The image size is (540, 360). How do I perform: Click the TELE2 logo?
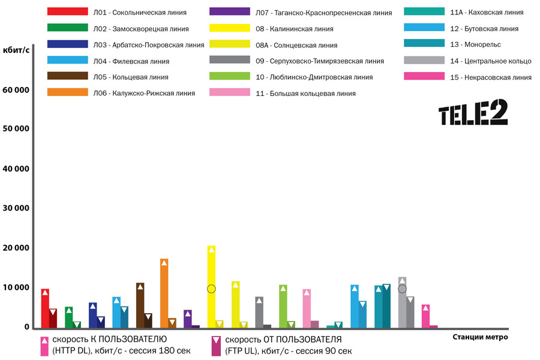pos(473,113)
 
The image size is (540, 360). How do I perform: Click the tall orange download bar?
pos(164,293)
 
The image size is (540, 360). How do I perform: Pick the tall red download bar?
pos(45,308)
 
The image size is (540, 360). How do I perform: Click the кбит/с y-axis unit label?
pos(17,50)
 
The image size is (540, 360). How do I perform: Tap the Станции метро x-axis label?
pos(480,337)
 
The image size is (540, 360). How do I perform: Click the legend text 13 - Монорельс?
pos(475,44)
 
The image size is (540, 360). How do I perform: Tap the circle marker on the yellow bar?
pos(211,289)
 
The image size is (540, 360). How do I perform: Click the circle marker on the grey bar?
pos(402,289)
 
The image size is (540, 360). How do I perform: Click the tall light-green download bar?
pos(283,306)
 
